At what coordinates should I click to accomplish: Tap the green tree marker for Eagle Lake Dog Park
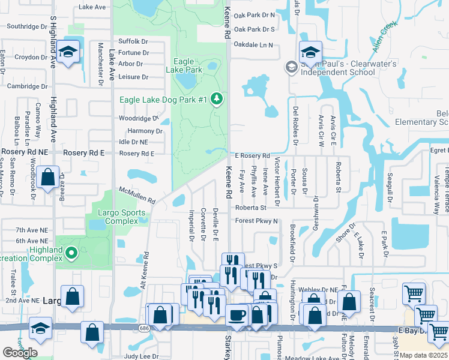point(217,100)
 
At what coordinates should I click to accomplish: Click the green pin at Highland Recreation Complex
point(71,254)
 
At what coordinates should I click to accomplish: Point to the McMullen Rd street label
point(137,194)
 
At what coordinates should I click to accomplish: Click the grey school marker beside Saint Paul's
point(291,67)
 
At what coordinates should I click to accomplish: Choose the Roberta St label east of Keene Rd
point(250,208)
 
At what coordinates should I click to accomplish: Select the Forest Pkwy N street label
point(256,221)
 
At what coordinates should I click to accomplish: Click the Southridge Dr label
point(26,26)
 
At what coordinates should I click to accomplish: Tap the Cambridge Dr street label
point(26,86)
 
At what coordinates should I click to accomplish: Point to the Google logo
point(20,353)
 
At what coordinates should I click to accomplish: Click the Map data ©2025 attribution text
point(424,355)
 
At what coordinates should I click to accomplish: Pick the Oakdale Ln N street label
point(253,45)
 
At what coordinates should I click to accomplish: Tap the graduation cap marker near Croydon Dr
point(69,53)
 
